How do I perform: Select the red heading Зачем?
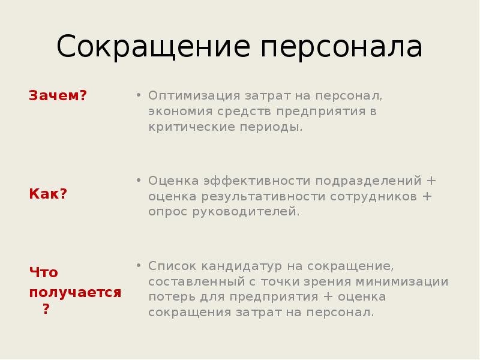(58, 95)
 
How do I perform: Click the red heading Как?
(48, 194)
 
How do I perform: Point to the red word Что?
(44, 272)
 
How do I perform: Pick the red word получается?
(75, 292)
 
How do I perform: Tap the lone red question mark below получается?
(46, 310)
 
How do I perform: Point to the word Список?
(172, 266)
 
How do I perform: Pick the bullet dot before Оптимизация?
(138, 95)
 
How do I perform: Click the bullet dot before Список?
(138, 265)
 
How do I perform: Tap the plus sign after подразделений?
(430, 181)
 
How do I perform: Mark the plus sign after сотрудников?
(427, 196)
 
